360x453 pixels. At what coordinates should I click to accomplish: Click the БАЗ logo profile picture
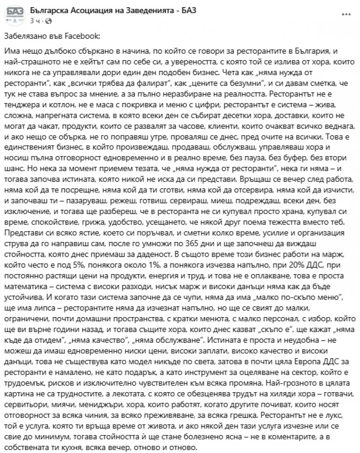tap(15, 15)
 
